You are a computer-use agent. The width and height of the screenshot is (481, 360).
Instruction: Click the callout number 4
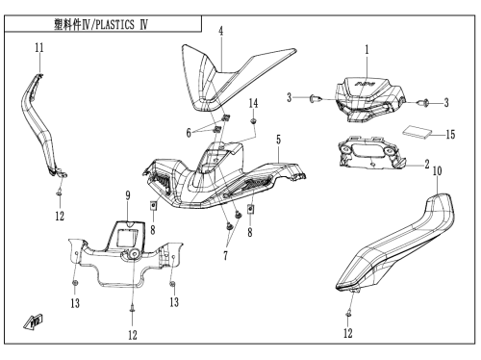pyautogui.click(x=221, y=31)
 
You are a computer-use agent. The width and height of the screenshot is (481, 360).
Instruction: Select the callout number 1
pyautogui.click(x=367, y=50)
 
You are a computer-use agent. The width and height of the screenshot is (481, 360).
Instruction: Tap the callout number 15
pyautogui.click(x=450, y=134)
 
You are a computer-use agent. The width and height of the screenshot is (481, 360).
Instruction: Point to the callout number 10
pyautogui.click(x=437, y=171)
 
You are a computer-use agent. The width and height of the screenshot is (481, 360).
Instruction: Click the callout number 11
pyautogui.click(x=39, y=48)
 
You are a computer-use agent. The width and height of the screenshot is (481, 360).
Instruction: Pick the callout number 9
pyautogui.click(x=128, y=195)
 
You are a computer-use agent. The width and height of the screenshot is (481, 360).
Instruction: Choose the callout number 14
pyautogui.click(x=253, y=103)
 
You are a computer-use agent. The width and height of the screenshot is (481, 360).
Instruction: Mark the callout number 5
pyautogui.click(x=278, y=140)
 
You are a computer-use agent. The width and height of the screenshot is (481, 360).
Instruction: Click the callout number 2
pyautogui.click(x=427, y=165)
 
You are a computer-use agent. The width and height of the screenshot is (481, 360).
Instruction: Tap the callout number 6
pyautogui.click(x=189, y=133)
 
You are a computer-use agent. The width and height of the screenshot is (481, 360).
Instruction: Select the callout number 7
pyautogui.click(x=225, y=256)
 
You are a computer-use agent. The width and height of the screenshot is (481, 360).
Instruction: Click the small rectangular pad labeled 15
pyautogui.click(x=417, y=132)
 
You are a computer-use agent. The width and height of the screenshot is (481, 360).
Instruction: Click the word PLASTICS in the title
pyautogui.click(x=114, y=25)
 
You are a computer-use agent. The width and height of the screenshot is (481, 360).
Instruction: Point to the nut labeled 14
pyautogui.click(x=253, y=121)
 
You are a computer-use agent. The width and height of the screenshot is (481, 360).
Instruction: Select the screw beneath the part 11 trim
pyautogui.click(x=60, y=193)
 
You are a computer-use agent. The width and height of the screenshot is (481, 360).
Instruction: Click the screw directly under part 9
pyautogui.click(x=132, y=309)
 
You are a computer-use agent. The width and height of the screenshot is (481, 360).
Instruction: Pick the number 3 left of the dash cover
pyautogui.click(x=290, y=97)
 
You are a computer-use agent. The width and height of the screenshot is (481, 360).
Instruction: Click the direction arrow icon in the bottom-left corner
pyautogui.click(x=34, y=321)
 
